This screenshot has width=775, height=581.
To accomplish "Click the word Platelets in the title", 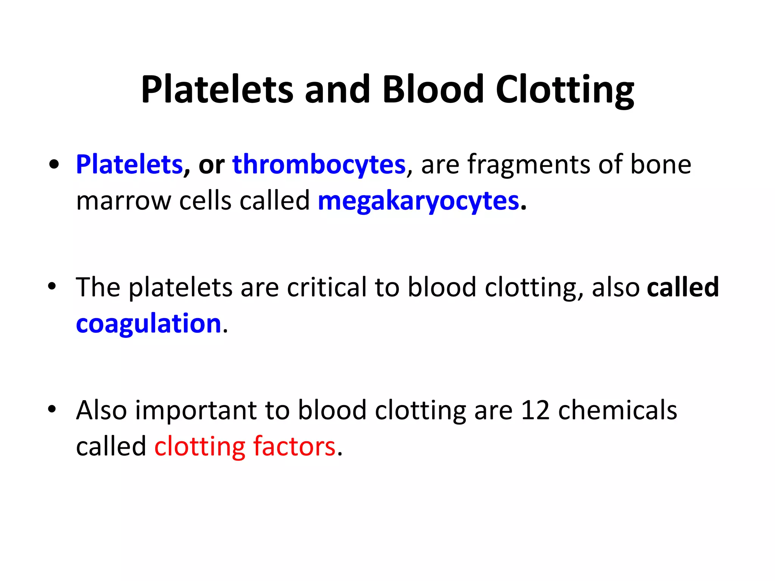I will [217, 90].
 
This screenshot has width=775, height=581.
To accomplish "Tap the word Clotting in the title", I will [565, 90].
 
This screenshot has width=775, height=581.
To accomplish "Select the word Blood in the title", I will [433, 90].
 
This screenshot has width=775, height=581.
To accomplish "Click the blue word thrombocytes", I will [319, 165].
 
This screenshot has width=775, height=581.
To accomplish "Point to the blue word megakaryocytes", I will [418, 201].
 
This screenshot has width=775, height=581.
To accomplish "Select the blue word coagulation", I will [148, 324].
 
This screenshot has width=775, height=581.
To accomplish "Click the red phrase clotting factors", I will [245, 446].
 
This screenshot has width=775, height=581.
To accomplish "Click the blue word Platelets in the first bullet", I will [129, 165].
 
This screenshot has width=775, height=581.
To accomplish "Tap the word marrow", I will [124, 201].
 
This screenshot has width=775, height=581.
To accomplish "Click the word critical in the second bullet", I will [326, 287].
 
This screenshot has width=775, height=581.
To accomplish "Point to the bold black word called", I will [683, 287].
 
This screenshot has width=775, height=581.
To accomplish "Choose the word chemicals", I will [617, 410].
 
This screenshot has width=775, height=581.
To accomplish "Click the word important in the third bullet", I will [196, 410].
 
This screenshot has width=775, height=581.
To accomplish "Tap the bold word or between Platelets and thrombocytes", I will [211, 165].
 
